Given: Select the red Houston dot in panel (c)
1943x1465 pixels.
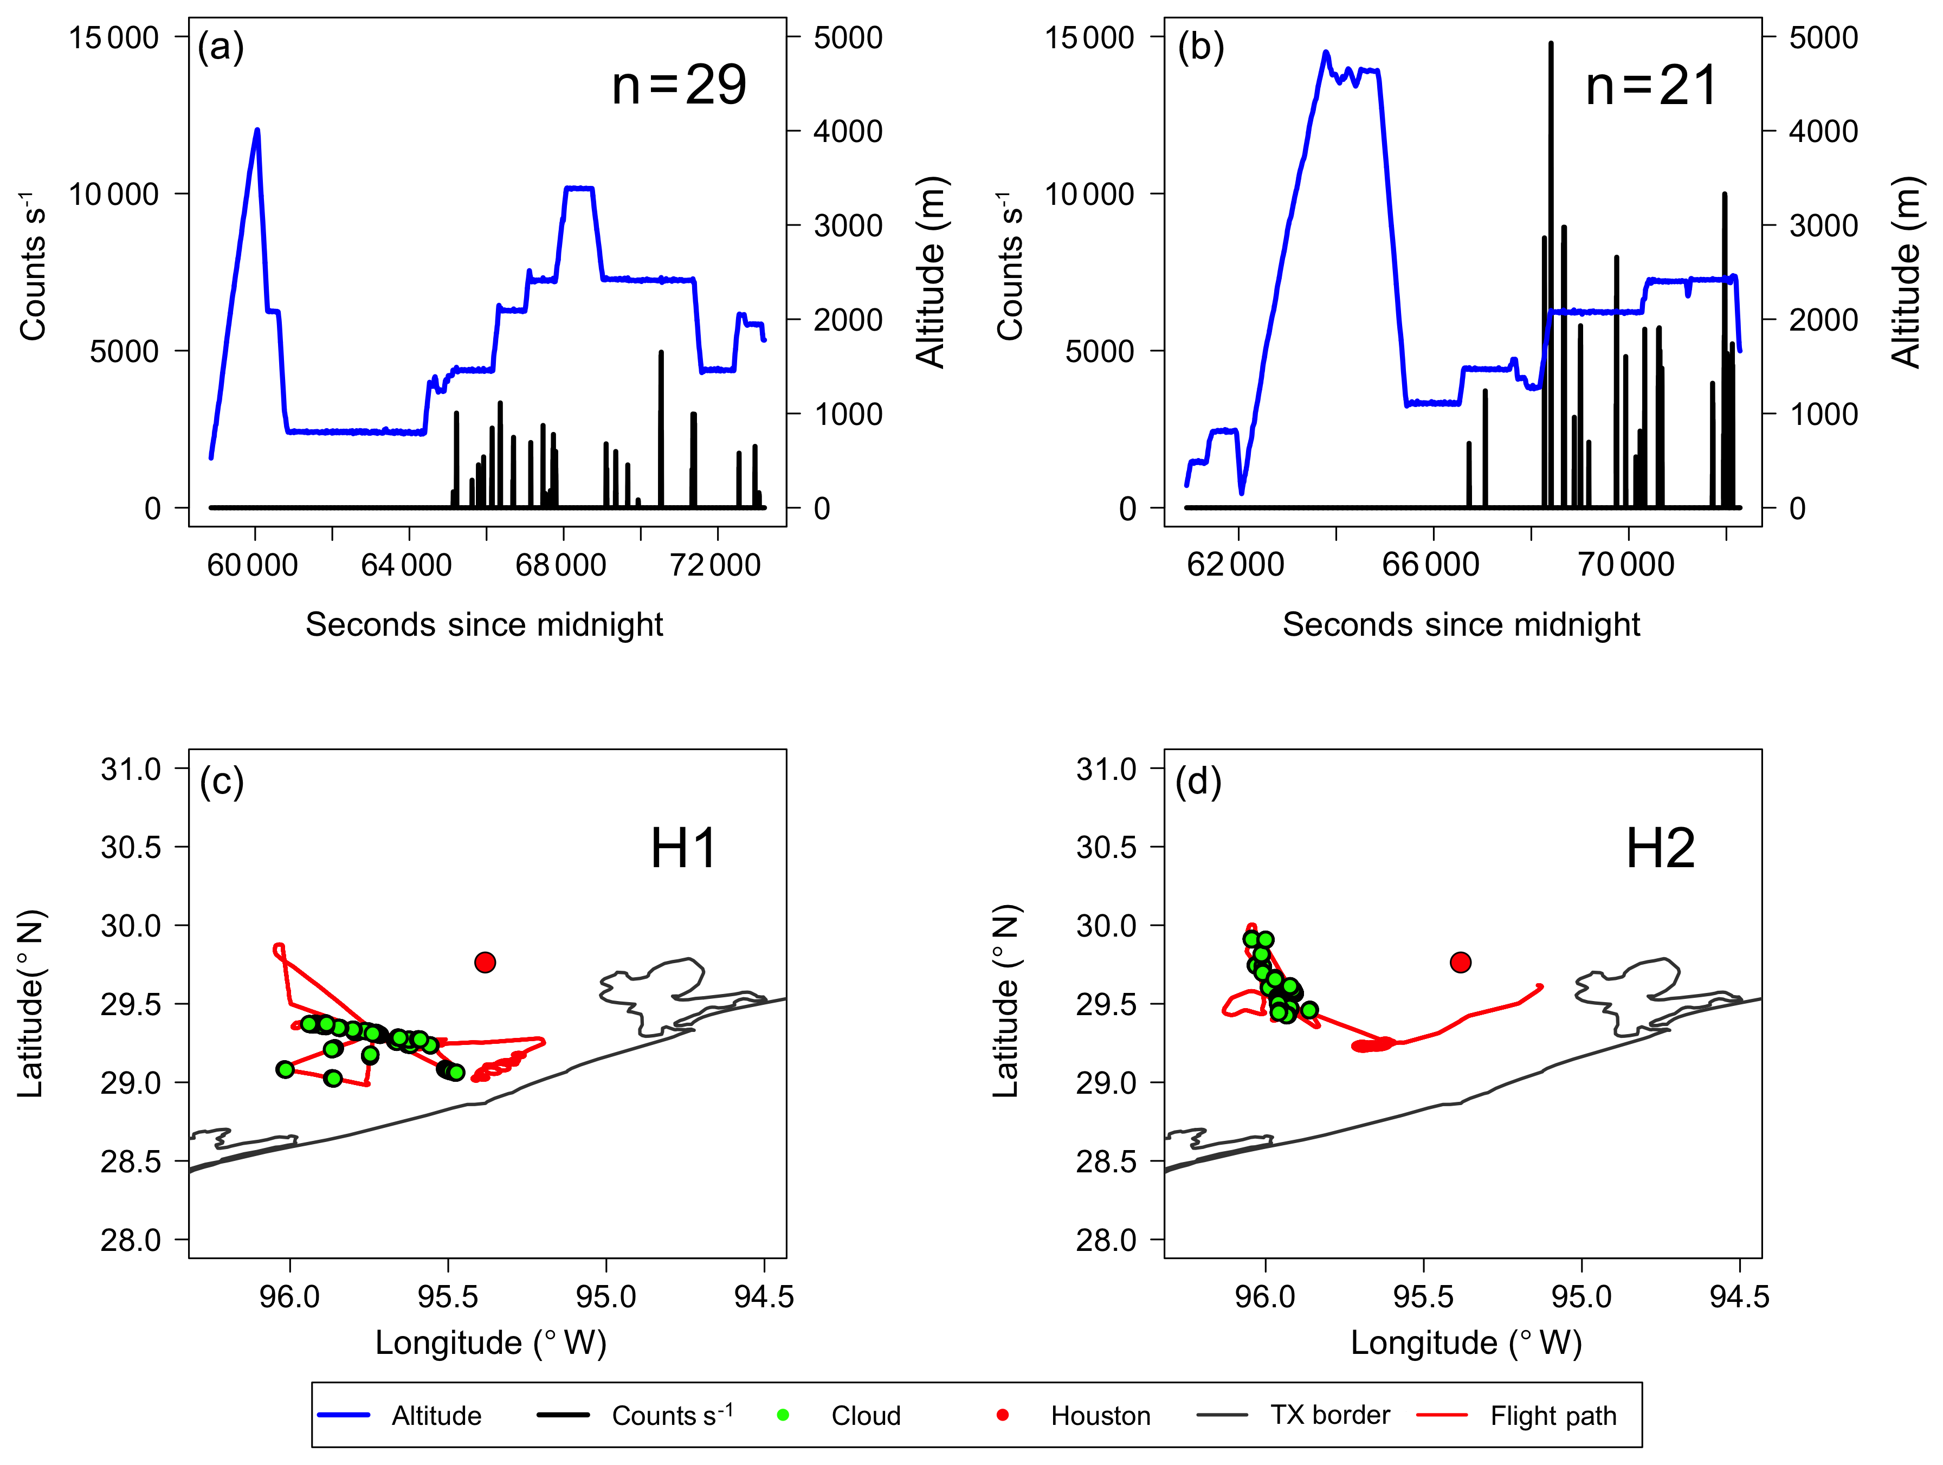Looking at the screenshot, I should coord(485,963).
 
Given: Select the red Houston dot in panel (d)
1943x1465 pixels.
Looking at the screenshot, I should coord(1460,963).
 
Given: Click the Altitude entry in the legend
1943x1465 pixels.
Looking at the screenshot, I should coord(436,1416).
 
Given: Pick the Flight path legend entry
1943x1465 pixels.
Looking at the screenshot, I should coord(1552,1416).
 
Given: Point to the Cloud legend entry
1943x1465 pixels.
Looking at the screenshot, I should coord(865,1416).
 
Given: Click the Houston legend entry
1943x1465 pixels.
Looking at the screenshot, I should coord(1100,1416).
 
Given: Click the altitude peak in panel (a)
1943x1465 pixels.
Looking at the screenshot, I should coord(257,131).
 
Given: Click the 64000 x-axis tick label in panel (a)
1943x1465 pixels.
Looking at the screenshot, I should coord(406,565).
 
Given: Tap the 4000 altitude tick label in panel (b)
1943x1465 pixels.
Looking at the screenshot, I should coord(1823,132).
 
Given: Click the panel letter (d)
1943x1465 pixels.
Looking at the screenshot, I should coord(1198,781).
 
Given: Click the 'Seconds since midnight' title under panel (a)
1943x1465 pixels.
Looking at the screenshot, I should coord(484,624).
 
